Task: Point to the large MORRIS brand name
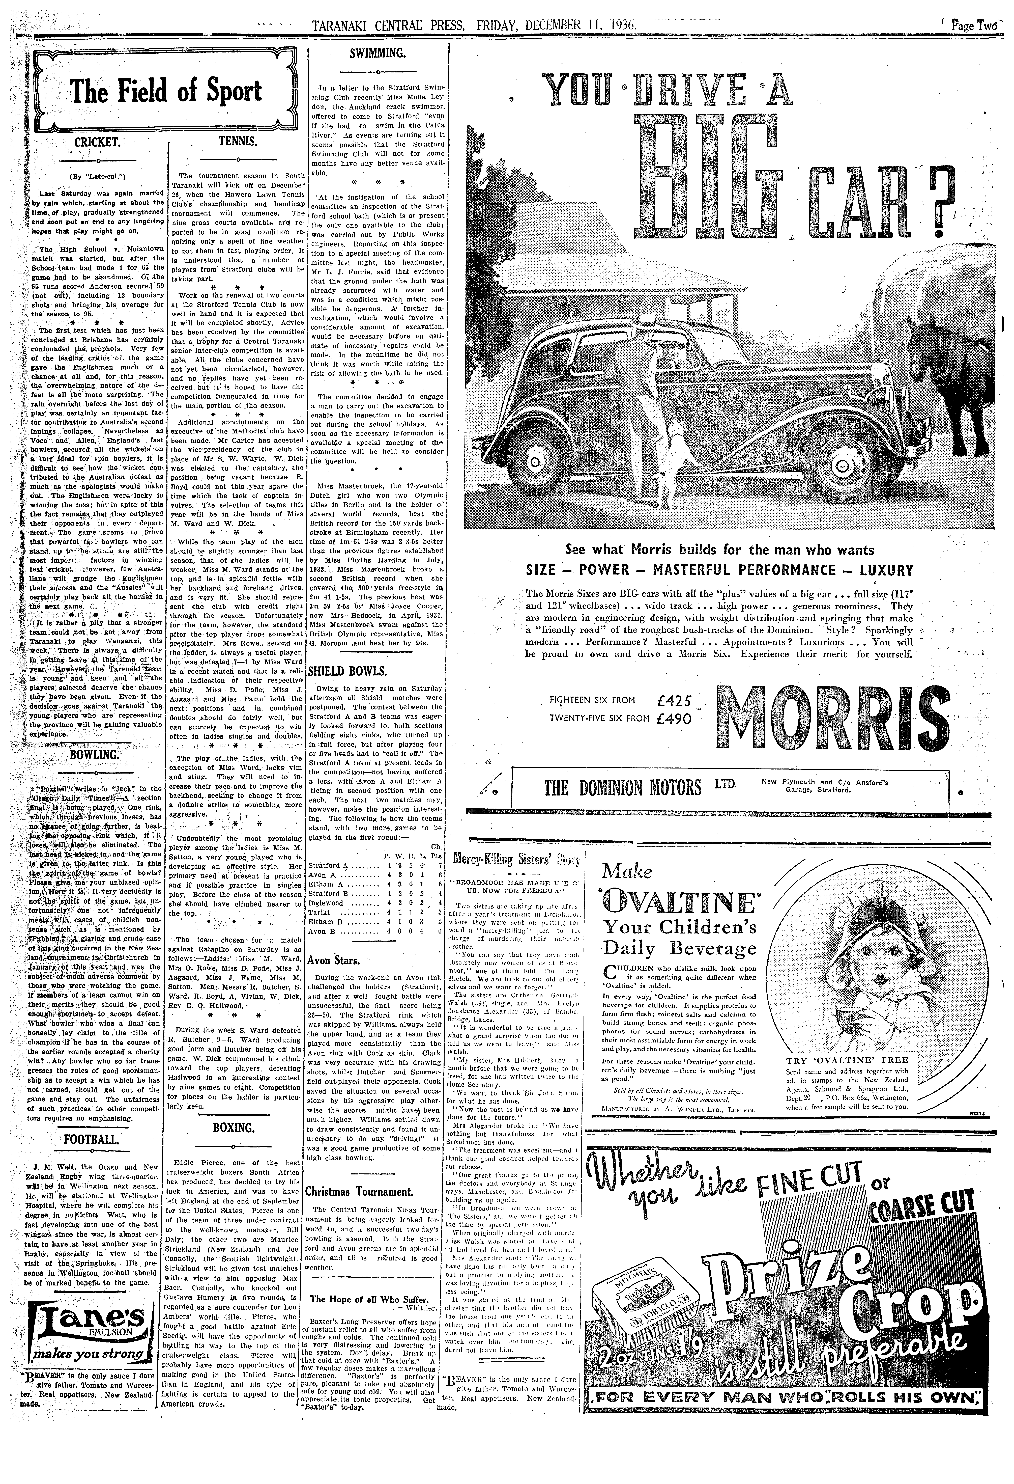tap(832, 718)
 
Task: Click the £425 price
tap(674, 700)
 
